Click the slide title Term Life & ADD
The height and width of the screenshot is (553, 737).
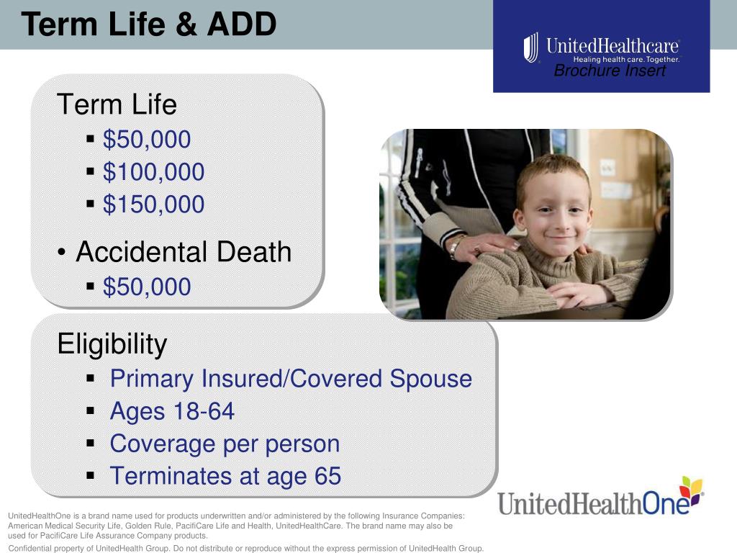pyautogui.click(x=149, y=24)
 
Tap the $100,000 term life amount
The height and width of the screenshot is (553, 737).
pyautogui.click(x=153, y=172)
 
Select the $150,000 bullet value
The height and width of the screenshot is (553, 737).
pyautogui.click(x=153, y=204)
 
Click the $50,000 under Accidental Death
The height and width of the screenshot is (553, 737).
pyautogui.click(x=147, y=287)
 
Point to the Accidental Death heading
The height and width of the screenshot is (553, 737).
pyautogui.click(x=184, y=252)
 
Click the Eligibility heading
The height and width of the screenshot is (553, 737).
pyautogui.click(x=112, y=344)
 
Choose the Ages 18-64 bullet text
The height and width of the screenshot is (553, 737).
pyautogui.click(x=172, y=411)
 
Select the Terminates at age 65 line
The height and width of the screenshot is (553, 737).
pyautogui.click(x=225, y=476)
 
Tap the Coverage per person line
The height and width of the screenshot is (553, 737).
pyautogui.click(x=225, y=444)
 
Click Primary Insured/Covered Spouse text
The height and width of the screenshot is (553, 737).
pyautogui.click(x=291, y=379)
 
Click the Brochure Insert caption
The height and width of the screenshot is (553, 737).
pyautogui.click(x=610, y=71)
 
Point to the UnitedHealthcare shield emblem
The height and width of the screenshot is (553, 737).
pyautogui.click(x=531, y=48)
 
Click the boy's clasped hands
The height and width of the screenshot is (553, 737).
pyautogui.click(x=582, y=292)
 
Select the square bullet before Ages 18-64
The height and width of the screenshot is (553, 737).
pyautogui.click(x=91, y=412)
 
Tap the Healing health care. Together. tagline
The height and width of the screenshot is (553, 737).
pyautogui.click(x=625, y=60)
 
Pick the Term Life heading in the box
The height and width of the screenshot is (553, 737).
pyautogui.click(x=117, y=105)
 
